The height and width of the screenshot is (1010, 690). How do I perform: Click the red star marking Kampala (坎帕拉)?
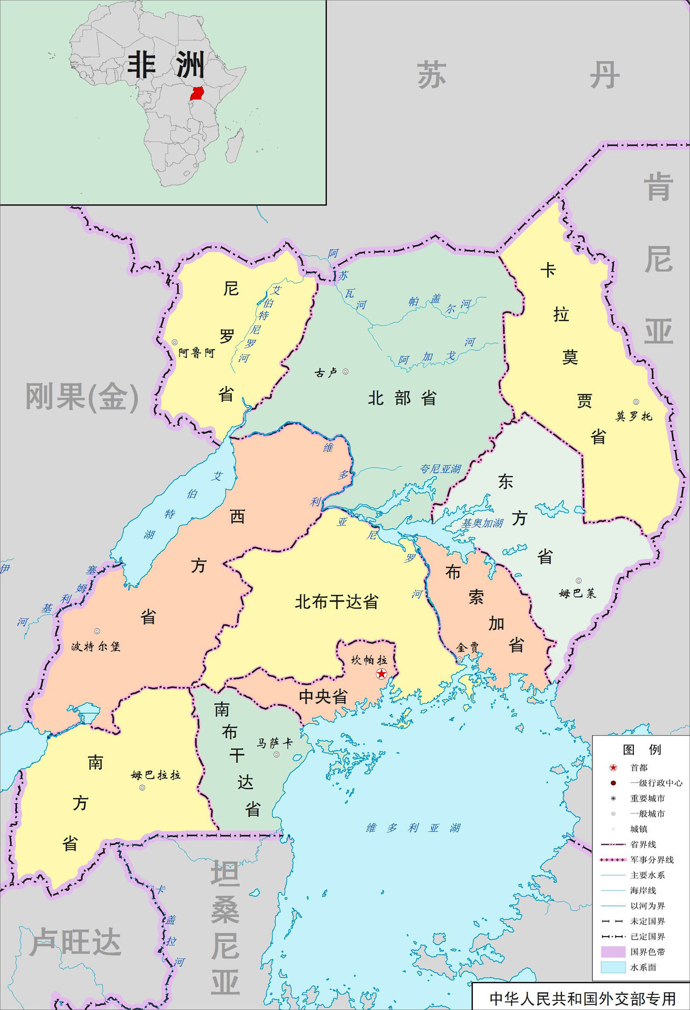pyautogui.click(x=381, y=673)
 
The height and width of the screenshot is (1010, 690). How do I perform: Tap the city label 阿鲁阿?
pyautogui.click(x=197, y=353)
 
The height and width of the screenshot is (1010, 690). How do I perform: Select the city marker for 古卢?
pyautogui.click(x=346, y=372)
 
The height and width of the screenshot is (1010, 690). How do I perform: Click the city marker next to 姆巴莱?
pyautogui.click(x=578, y=581)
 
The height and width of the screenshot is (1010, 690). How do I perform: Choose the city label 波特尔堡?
pyautogui.click(x=96, y=646)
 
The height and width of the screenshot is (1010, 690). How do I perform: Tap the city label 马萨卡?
pyautogui.click(x=274, y=743)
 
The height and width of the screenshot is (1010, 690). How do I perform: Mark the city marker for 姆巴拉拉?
pyautogui.click(x=142, y=788)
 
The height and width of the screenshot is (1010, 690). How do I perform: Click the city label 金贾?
pyautogui.click(x=467, y=647)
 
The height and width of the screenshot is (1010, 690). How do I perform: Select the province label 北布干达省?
pyautogui.click(x=336, y=602)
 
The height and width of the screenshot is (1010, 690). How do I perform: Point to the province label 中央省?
pyautogui.click(x=323, y=697)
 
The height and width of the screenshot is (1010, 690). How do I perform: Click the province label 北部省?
pyautogui.click(x=402, y=398)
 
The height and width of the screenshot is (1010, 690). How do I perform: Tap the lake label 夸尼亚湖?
pyautogui.click(x=440, y=469)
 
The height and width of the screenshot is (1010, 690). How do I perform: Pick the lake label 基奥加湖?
pyautogui.click(x=482, y=523)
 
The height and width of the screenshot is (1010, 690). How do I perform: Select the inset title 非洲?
pyautogui.click(x=165, y=65)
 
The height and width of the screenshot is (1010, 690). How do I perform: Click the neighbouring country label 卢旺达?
pyautogui.click(x=75, y=942)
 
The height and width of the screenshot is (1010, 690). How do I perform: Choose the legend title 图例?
pyautogui.click(x=641, y=749)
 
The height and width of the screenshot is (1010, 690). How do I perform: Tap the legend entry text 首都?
pyautogui.click(x=639, y=768)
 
